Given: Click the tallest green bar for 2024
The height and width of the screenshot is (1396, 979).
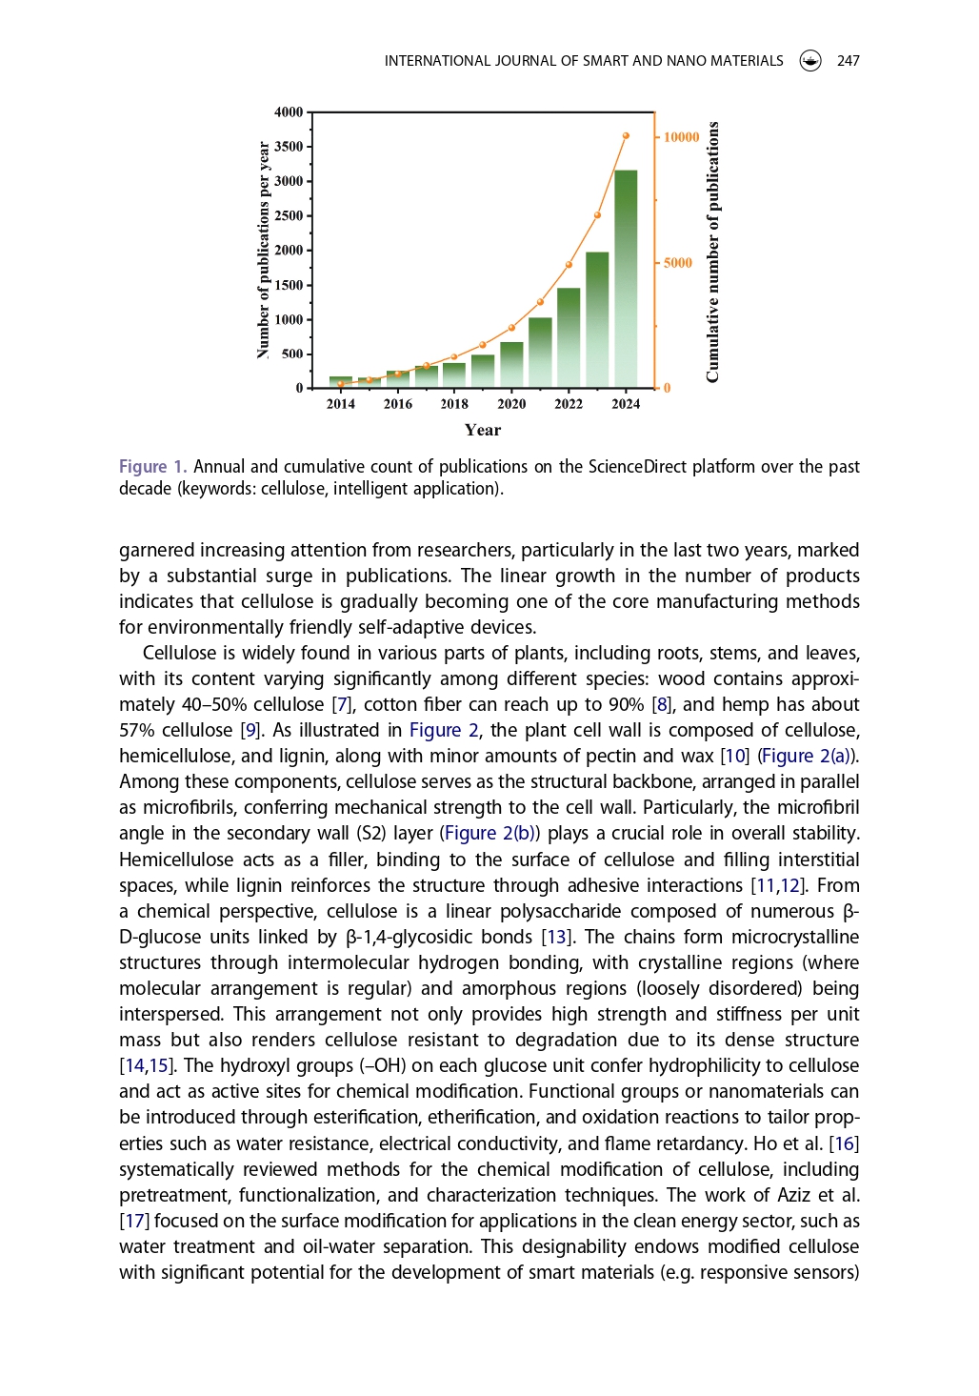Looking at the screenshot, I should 626,278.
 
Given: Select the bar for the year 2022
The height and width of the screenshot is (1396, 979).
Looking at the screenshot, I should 569,337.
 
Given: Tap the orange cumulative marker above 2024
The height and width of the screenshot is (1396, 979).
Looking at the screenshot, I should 626,136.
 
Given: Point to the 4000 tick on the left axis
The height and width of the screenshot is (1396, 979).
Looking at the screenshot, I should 289,112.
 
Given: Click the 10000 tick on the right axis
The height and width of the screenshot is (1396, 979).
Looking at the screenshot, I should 681,137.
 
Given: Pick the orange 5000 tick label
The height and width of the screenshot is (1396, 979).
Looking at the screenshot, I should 678,263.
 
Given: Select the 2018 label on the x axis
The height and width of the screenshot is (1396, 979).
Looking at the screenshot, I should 454,404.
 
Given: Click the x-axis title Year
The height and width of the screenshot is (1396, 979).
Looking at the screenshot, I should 483,430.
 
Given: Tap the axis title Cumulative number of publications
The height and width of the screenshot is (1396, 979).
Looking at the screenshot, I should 713,253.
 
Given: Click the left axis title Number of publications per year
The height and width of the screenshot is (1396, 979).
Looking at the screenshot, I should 264,251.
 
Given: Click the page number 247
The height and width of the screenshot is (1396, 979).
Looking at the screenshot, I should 848,61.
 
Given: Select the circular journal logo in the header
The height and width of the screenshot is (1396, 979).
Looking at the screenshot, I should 810,61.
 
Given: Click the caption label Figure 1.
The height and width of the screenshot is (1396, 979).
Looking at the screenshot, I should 152,467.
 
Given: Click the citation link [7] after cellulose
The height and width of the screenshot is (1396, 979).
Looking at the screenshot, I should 342,705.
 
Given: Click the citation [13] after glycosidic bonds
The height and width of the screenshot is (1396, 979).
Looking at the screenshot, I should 556,938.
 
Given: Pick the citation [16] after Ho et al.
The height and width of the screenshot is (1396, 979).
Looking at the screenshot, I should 845,1143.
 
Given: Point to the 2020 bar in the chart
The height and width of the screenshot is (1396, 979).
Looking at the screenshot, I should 511,365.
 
